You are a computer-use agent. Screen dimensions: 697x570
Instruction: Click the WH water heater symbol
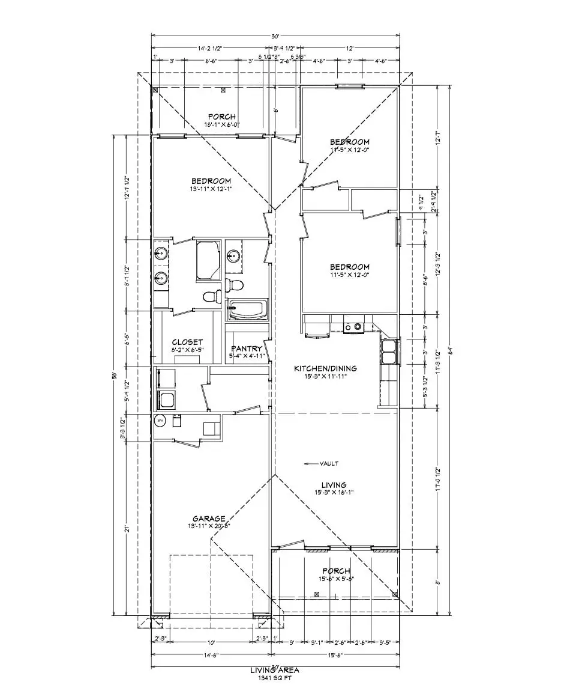coord(160,421)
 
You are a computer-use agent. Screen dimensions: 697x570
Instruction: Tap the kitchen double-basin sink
coord(389,352)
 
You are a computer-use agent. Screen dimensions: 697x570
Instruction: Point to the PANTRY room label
coord(247,348)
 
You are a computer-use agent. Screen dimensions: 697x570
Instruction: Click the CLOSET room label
coord(187,342)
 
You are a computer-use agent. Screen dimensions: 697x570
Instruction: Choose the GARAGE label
coord(208,519)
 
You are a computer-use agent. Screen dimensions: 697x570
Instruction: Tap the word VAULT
coord(329,463)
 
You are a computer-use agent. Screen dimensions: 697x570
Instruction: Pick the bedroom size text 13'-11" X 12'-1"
coord(211,189)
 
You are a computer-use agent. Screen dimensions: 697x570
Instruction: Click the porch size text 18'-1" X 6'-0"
coord(222,124)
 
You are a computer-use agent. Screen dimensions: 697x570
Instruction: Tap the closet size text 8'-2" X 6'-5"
coord(187,350)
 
